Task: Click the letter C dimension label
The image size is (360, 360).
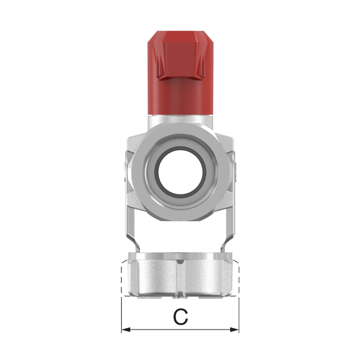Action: [181, 317]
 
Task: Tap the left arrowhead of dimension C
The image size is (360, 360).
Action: [125, 330]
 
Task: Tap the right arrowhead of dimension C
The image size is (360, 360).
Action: [235, 330]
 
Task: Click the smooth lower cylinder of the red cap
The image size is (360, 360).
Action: [180, 97]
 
